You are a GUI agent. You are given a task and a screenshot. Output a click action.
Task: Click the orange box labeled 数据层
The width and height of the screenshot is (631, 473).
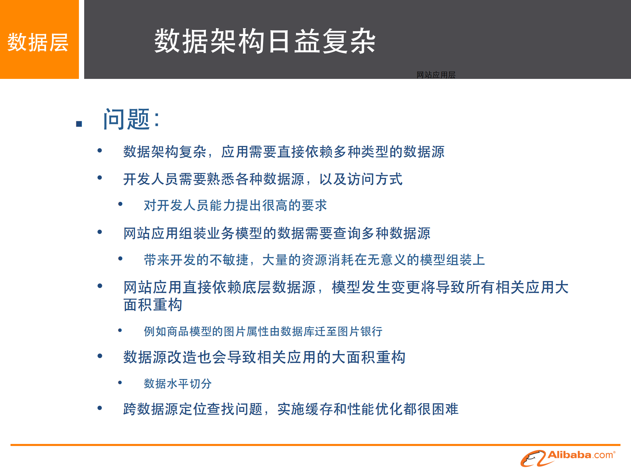coord(39,40)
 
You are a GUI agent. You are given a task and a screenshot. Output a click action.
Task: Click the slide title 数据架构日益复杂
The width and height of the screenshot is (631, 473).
coord(265,41)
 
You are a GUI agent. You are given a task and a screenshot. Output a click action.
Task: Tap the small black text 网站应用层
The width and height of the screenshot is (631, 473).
coord(436,75)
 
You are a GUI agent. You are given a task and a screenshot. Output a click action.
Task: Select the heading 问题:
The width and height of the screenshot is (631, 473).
coord(131,119)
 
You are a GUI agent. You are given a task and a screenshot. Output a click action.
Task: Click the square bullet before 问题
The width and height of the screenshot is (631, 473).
coord(79,124)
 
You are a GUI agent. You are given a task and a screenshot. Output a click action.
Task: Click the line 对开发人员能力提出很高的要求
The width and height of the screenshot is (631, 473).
coord(235,205)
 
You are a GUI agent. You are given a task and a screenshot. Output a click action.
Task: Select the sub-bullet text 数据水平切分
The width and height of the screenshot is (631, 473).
coord(178,384)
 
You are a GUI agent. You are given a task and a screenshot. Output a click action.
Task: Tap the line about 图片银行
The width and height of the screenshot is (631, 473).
coord(263,331)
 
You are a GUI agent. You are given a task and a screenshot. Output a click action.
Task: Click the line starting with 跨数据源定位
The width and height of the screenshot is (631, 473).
coord(291,409)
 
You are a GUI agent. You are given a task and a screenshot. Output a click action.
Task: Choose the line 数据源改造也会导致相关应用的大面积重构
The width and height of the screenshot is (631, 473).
coord(264,357)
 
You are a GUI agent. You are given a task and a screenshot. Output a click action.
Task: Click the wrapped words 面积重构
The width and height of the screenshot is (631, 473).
coord(153,305)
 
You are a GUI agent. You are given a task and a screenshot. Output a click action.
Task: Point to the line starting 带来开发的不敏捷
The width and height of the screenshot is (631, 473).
coord(314,260)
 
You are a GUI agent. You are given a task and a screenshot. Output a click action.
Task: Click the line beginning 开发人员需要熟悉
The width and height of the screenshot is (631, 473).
coord(262,179)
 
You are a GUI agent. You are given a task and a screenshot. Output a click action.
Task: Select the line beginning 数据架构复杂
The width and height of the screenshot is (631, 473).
coord(283,152)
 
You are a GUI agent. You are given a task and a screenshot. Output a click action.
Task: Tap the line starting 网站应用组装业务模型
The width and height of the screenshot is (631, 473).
coord(277,233)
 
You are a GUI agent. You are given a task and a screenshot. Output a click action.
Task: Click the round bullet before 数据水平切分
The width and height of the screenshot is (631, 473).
coord(120,383)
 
